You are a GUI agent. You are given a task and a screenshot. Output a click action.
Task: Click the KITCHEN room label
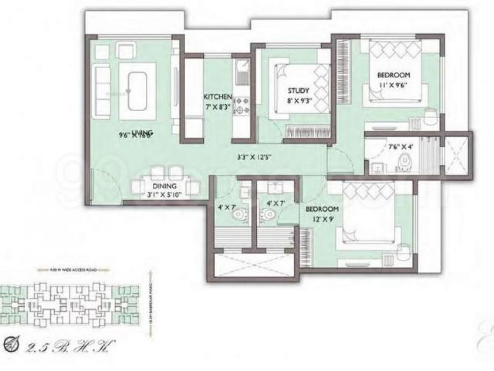tap(218, 97)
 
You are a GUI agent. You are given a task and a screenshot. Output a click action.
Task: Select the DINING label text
tap(164, 185)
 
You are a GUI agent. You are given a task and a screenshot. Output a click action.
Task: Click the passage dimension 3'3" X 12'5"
tap(254, 157)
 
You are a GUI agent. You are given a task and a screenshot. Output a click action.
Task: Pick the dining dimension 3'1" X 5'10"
tap(164, 194)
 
